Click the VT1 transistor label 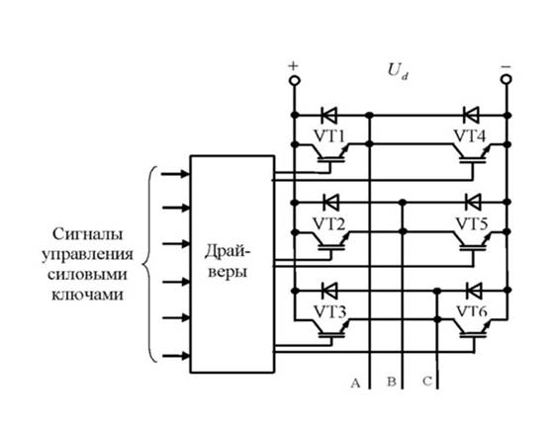(329, 136)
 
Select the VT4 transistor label (470, 136)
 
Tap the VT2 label (329, 224)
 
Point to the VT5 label (472, 224)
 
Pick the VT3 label (329, 311)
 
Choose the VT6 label (472, 311)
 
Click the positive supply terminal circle (295, 80)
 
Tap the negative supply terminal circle (506, 79)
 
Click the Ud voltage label (398, 71)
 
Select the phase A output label (355, 383)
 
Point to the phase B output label (392, 382)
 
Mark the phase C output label (427, 381)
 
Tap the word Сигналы (88, 234)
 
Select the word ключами (88, 295)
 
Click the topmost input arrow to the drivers (175, 173)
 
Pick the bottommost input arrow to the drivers (175, 356)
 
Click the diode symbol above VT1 (329, 115)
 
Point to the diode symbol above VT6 (473, 291)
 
